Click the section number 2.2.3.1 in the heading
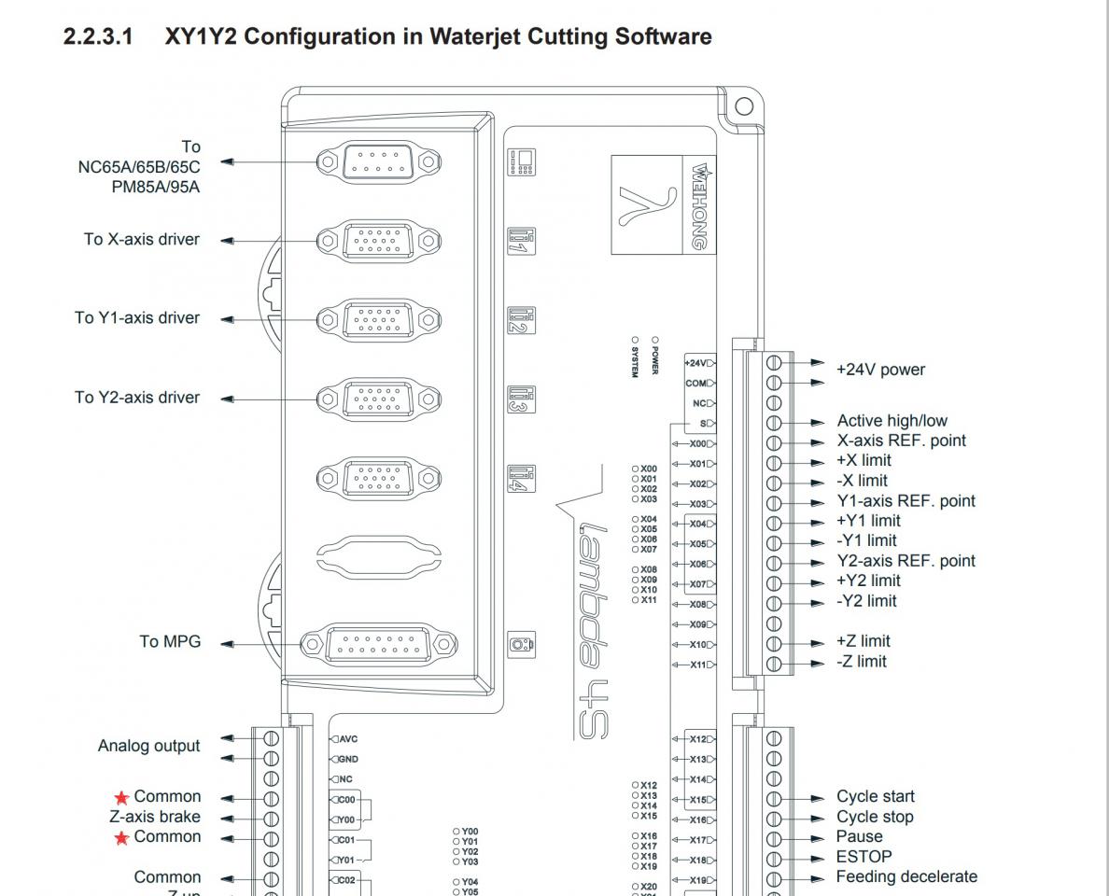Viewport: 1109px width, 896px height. coord(98,37)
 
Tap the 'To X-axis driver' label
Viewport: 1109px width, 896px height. coord(142,240)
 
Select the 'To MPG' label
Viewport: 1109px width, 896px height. coord(170,642)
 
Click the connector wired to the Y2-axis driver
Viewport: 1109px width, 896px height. coord(377,399)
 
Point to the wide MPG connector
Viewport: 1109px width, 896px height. coord(377,644)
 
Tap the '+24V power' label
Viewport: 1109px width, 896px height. coord(880,370)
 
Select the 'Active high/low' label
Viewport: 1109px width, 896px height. coord(891,421)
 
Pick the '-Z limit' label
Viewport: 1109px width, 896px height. coord(862,662)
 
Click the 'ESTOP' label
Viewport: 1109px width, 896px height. coord(863,857)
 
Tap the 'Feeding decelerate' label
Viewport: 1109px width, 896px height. coord(906,877)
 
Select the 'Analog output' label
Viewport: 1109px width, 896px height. coord(149,747)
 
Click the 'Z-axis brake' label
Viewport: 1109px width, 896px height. coord(155,818)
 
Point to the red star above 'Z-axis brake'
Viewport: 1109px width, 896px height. coord(121,798)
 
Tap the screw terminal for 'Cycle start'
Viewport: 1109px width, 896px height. coord(774,799)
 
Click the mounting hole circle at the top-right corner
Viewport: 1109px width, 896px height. coord(743,105)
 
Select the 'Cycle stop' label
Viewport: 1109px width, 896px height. coord(875,818)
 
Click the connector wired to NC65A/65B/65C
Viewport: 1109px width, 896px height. coord(377,162)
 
